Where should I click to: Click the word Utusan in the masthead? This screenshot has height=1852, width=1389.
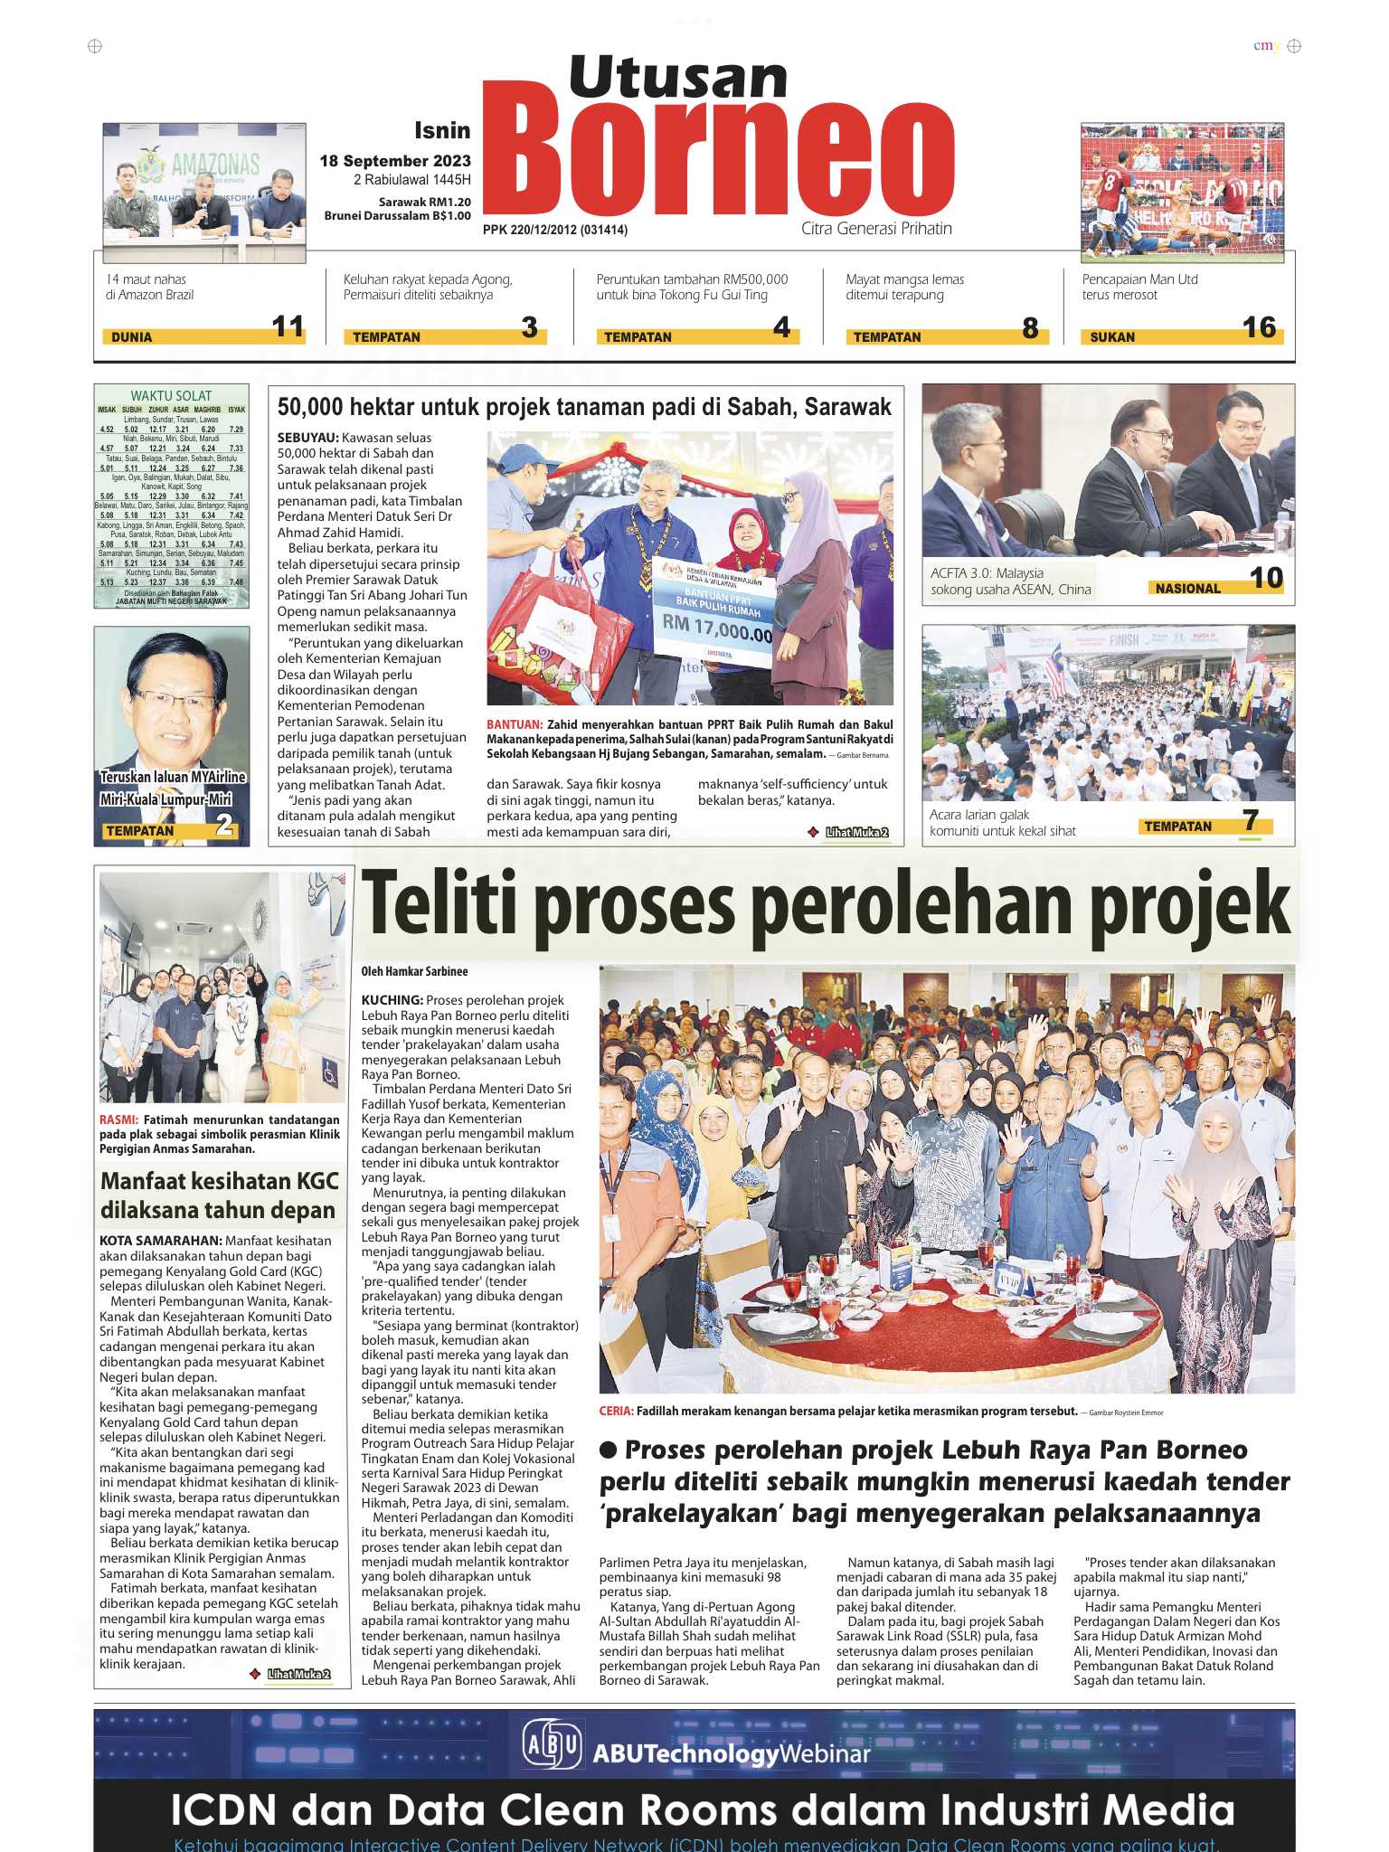point(678,76)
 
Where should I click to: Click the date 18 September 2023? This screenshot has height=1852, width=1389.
point(395,161)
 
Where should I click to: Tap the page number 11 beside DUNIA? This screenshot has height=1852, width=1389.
point(288,326)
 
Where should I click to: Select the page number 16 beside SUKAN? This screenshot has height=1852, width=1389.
point(1259,327)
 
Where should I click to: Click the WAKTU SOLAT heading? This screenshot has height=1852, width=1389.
point(171,395)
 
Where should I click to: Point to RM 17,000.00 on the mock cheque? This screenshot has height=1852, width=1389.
point(717,627)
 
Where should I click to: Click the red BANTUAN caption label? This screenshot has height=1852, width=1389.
point(514,724)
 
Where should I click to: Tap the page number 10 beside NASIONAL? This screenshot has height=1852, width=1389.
point(1266,578)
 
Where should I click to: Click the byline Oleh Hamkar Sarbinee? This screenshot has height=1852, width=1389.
point(414,971)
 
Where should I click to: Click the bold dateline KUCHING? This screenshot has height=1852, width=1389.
point(392,1000)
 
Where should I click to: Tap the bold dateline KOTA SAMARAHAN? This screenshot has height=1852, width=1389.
point(160,1241)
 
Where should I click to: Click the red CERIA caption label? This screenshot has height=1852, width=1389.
point(616,1411)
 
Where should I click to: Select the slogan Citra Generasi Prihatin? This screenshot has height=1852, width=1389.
point(876,228)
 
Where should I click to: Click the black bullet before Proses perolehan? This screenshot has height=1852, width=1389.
point(609,1450)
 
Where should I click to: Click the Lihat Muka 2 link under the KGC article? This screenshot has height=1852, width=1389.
point(298,1674)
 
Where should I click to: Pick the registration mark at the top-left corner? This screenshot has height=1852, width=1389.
point(95,46)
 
